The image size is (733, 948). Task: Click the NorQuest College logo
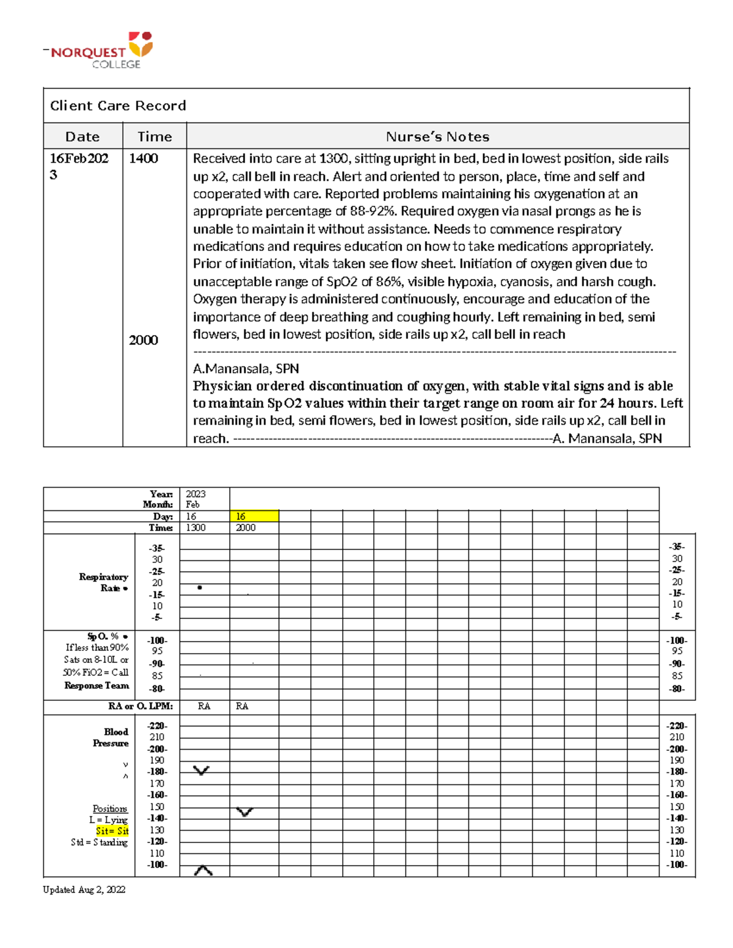101,51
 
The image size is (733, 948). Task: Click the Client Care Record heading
118,106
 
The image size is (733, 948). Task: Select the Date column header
82,137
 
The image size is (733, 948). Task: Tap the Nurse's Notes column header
437,137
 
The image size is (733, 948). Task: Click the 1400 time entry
144,159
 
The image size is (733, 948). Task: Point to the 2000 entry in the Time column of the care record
144,340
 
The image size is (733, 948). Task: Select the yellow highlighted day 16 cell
253,516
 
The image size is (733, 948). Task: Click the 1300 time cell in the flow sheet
195,527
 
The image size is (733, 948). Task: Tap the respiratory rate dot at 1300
200,587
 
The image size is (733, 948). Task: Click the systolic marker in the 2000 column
245,812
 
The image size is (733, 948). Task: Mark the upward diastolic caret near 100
203,870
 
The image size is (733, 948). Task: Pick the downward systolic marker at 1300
201,770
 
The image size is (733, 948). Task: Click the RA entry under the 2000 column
242,706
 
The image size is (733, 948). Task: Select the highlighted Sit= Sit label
112,831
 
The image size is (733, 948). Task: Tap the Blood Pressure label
111,737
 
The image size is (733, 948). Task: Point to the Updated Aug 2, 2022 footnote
84,889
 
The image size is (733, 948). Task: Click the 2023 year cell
195,494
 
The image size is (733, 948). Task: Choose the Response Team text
97,686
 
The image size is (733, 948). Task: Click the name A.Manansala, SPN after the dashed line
246,369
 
